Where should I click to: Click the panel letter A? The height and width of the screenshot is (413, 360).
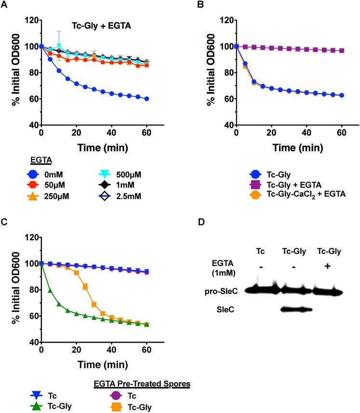click(5, 5)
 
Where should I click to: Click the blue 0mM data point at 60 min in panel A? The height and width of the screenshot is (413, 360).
click(146, 99)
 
